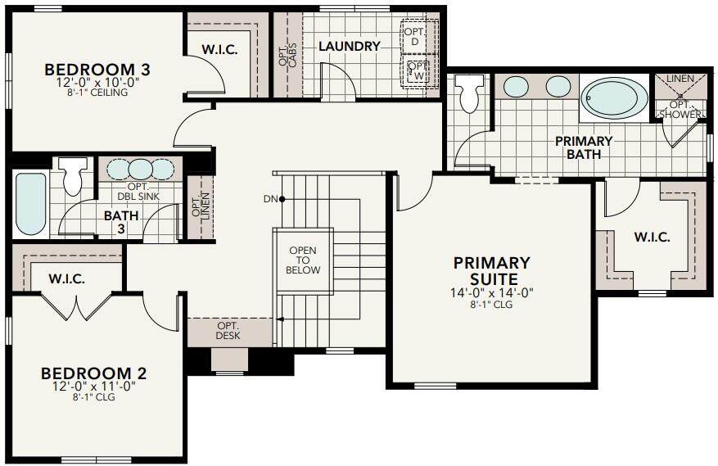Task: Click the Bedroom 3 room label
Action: (97, 70)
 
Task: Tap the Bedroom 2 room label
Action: (94, 373)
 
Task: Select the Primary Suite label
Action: (492, 271)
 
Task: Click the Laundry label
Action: (350, 47)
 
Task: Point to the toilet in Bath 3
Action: (74, 175)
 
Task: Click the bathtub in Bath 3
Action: (30, 203)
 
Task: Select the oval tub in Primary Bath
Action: (614, 98)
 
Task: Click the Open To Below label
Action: (303, 260)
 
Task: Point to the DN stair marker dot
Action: (282, 199)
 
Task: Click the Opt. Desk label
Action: (228, 330)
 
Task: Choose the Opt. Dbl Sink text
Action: (138, 192)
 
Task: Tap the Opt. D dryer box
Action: (414, 37)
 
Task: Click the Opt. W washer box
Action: (418, 70)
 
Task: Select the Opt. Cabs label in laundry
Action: (287, 56)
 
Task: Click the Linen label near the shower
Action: (680, 79)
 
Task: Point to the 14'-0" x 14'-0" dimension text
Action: (492, 293)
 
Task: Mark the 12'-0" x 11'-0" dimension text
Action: (94, 387)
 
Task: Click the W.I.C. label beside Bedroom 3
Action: (219, 49)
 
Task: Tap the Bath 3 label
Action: (121, 222)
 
